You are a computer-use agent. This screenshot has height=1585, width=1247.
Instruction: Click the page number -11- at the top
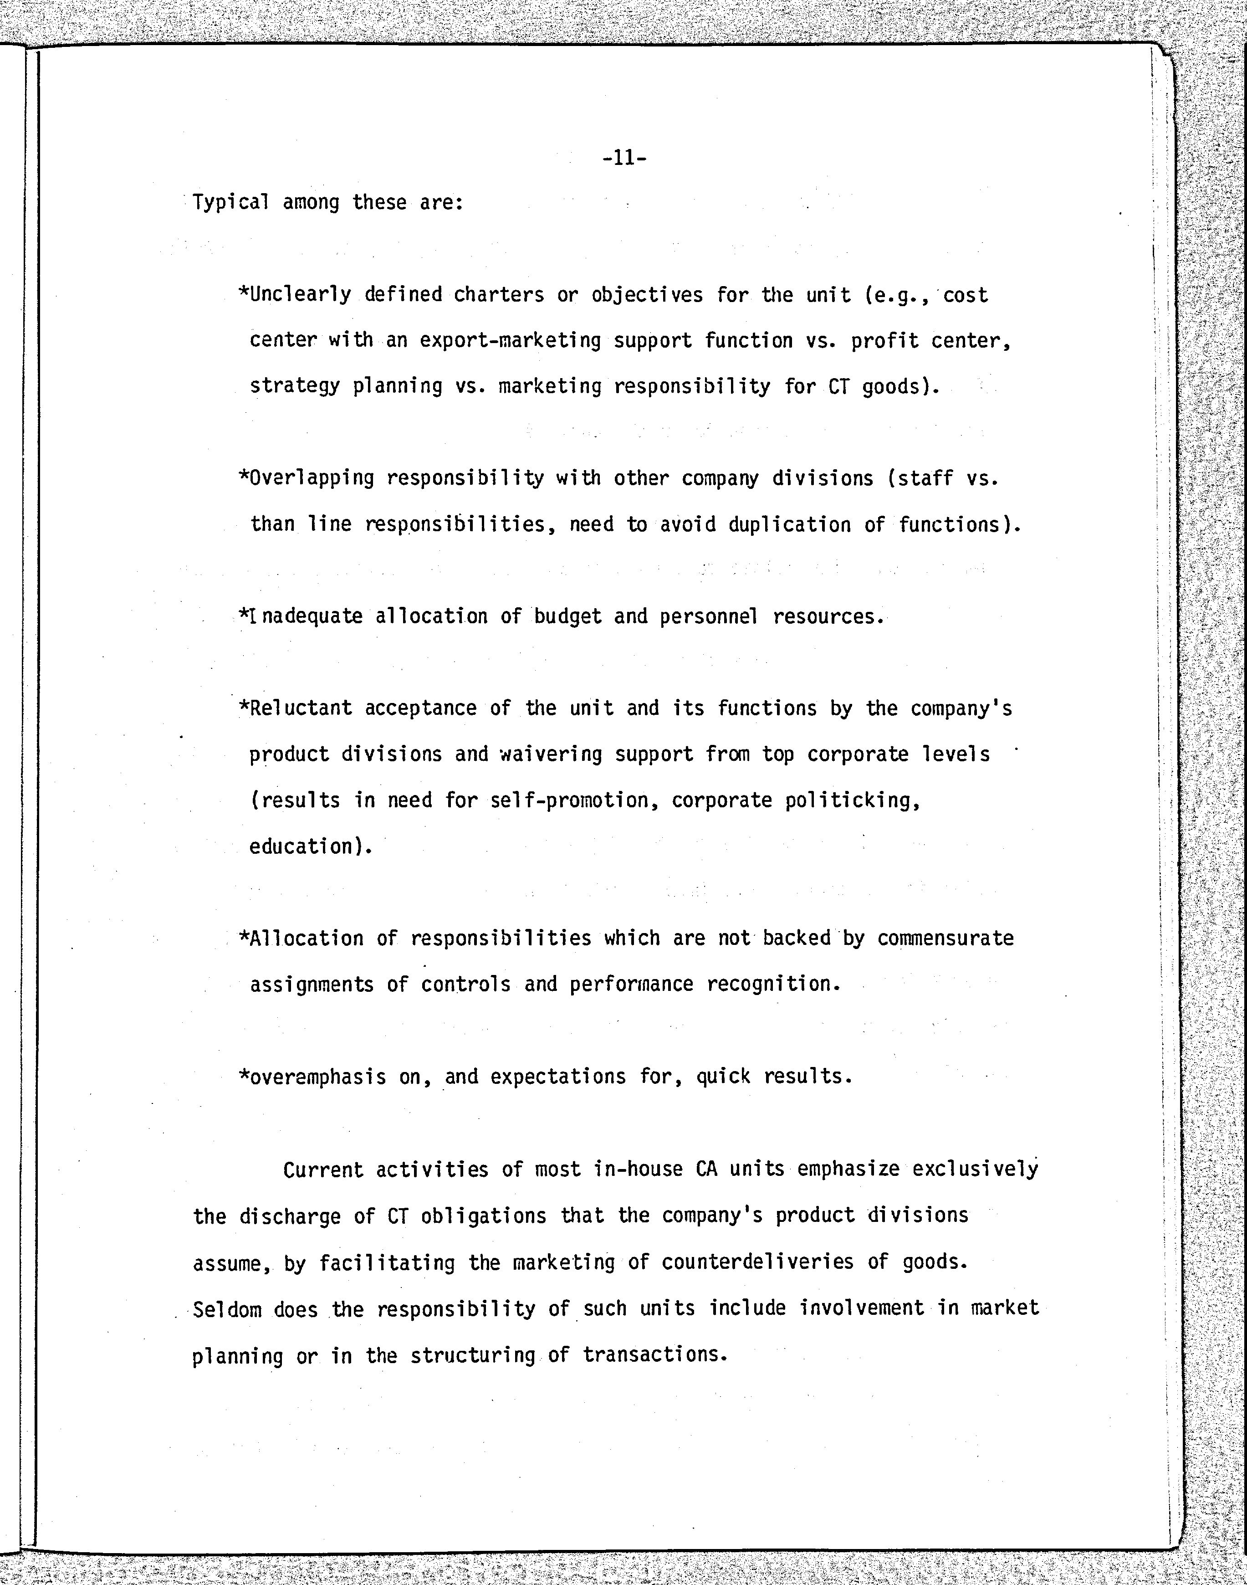(x=625, y=158)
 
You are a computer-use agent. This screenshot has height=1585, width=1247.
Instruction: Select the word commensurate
(x=945, y=939)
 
